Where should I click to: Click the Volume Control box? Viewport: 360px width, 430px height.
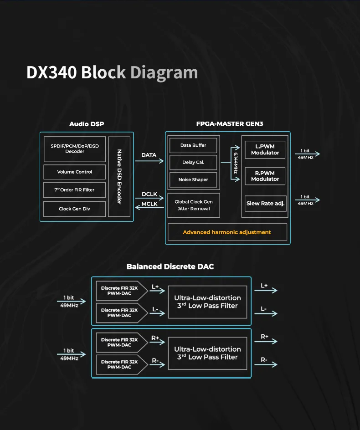point(75,172)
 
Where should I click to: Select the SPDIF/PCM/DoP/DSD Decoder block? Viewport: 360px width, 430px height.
point(75,149)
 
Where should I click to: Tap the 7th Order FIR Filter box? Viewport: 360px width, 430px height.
point(75,190)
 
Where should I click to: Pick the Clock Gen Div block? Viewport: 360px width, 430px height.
point(75,209)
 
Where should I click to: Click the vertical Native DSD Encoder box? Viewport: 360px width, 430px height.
point(119,176)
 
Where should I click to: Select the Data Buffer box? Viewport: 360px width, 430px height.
point(193,145)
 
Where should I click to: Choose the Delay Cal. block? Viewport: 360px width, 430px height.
point(193,163)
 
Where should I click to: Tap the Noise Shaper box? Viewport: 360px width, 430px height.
point(193,180)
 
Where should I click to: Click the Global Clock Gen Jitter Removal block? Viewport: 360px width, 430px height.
point(194,205)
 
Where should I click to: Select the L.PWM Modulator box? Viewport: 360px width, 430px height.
point(265,150)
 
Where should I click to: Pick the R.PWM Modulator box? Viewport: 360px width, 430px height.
point(265,176)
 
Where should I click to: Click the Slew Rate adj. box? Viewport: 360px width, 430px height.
point(265,204)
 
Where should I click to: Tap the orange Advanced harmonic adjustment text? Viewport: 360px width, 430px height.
point(227,232)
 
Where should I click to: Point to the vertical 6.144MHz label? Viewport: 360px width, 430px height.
point(235,163)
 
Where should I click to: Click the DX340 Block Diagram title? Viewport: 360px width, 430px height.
point(112,72)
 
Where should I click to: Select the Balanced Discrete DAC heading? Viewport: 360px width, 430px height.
point(170,266)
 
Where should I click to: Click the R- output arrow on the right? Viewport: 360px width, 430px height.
point(268,364)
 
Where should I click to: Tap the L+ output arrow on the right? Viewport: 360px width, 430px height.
point(268,290)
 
